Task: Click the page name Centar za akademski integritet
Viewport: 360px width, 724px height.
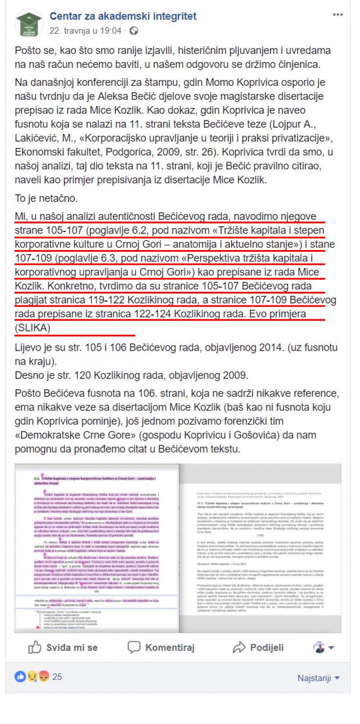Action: [123, 17]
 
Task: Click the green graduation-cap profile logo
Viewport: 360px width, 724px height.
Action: [29, 23]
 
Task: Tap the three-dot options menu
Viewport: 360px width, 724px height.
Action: [337, 15]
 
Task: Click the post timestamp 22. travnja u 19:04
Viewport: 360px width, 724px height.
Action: [85, 31]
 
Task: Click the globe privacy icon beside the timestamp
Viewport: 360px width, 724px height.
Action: [134, 31]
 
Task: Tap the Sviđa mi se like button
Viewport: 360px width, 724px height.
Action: [63, 648]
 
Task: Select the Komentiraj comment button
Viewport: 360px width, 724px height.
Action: [161, 648]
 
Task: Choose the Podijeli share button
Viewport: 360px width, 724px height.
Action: [258, 648]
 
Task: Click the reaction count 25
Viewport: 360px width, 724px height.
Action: [57, 677]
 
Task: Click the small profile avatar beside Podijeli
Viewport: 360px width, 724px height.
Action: [319, 648]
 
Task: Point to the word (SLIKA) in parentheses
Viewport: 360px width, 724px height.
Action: [32, 328]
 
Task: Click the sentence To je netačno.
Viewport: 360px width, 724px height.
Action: [46, 198]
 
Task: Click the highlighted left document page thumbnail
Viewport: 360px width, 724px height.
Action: [97, 548]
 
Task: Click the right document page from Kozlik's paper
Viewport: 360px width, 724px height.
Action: [260, 548]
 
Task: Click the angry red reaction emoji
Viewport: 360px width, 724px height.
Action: [43, 676]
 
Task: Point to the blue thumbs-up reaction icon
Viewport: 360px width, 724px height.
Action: [20, 676]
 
